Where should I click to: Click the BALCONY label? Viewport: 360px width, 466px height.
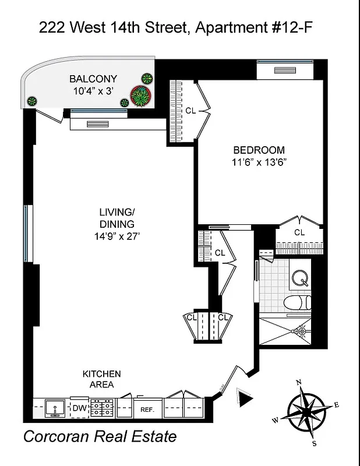tap(93, 79)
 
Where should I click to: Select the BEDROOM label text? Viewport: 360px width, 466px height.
tap(259, 150)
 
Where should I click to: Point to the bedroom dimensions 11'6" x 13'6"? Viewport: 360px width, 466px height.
tap(259, 163)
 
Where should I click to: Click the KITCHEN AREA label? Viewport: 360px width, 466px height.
tap(101, 379)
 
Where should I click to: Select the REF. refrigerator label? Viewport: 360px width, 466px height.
tap(146, 409)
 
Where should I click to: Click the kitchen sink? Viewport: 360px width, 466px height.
tap(56, 408)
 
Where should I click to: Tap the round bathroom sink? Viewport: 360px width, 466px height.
tap(301, 278)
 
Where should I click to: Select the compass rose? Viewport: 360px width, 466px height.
tap(306, 411)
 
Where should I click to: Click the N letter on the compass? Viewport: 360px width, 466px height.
tap(299, 382)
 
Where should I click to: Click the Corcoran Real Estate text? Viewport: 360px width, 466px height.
tap(100, 437)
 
